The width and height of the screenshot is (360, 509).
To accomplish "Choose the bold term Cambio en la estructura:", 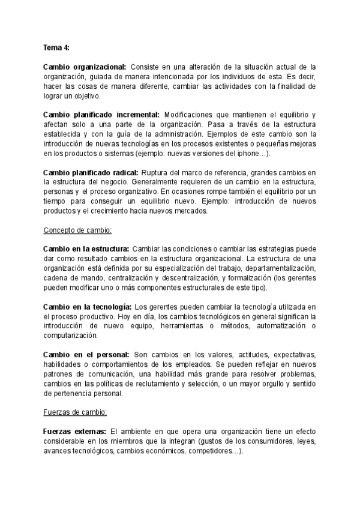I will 86,250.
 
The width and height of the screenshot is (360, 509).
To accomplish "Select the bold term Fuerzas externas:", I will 76,432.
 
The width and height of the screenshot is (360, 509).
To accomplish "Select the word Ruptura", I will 176,172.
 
